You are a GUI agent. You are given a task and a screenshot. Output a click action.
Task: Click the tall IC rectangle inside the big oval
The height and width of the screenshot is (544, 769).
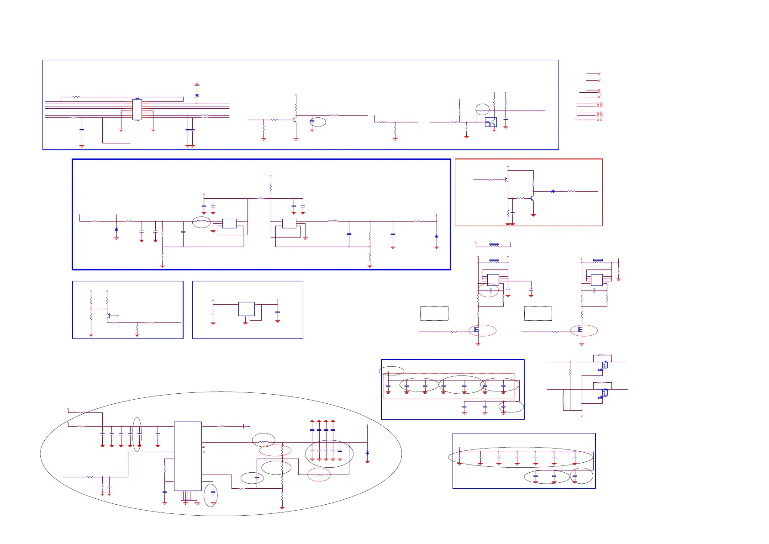pos(188,456)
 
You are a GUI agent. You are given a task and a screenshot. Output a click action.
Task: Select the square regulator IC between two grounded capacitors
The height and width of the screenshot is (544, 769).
pos(247,309)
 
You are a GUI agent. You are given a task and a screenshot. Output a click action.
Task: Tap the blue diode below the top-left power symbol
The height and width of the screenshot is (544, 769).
pos(197,96)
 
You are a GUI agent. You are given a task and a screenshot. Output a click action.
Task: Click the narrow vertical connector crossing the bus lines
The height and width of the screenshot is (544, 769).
pos(137,110)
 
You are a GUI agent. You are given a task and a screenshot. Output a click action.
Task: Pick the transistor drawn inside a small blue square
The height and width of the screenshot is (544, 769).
pos(491,122)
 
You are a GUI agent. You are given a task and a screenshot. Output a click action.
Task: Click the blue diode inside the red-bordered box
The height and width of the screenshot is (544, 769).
pos(553,191)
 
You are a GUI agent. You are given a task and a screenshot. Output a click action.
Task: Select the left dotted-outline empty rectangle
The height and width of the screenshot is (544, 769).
pos(434,313)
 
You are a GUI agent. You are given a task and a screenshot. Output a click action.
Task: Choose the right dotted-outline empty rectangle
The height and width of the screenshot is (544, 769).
pos(538,313)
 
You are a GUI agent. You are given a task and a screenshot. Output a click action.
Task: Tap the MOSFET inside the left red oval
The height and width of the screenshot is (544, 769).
pos(476,329)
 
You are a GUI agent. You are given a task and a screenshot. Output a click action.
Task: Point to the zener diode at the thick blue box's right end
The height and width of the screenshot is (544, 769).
pos(437,236)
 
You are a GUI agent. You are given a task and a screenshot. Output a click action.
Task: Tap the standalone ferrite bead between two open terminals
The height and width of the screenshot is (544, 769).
pos(494,245)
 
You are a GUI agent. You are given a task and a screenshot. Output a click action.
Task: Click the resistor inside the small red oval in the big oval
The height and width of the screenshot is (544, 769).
pos(320,475)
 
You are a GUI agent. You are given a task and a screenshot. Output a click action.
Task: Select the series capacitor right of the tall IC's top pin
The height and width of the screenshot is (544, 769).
pos(245,426)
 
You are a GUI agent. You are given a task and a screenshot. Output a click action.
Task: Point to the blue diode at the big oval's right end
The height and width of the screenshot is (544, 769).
pos(367,453)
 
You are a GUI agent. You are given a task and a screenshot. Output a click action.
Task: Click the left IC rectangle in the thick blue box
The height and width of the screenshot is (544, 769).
pos(229,223)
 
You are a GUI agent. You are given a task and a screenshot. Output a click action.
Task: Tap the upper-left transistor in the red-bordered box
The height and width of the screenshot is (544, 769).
pos(506,180)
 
